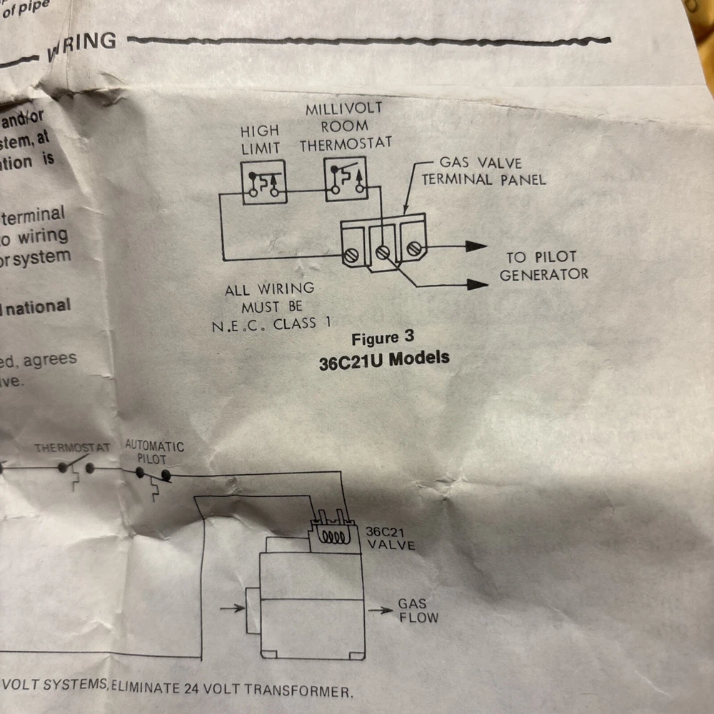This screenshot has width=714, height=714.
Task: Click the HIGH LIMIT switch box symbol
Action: point(262,183)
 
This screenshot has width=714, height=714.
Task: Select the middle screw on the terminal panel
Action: point(383,252)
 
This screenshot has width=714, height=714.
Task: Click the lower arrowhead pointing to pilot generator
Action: point(478,284)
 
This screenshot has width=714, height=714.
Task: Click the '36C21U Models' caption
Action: point(384,359)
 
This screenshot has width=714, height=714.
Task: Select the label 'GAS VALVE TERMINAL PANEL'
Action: point(483,171)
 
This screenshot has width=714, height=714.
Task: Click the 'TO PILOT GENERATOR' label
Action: point(543,266)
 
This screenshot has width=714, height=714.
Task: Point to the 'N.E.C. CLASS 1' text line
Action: point(271,323)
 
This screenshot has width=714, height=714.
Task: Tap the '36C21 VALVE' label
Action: point(390,538)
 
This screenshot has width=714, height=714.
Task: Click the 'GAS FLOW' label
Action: point(418,611)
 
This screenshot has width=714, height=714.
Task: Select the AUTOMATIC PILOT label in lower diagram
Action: point(154,453)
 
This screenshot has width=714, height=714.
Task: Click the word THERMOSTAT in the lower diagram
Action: point(72,448)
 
